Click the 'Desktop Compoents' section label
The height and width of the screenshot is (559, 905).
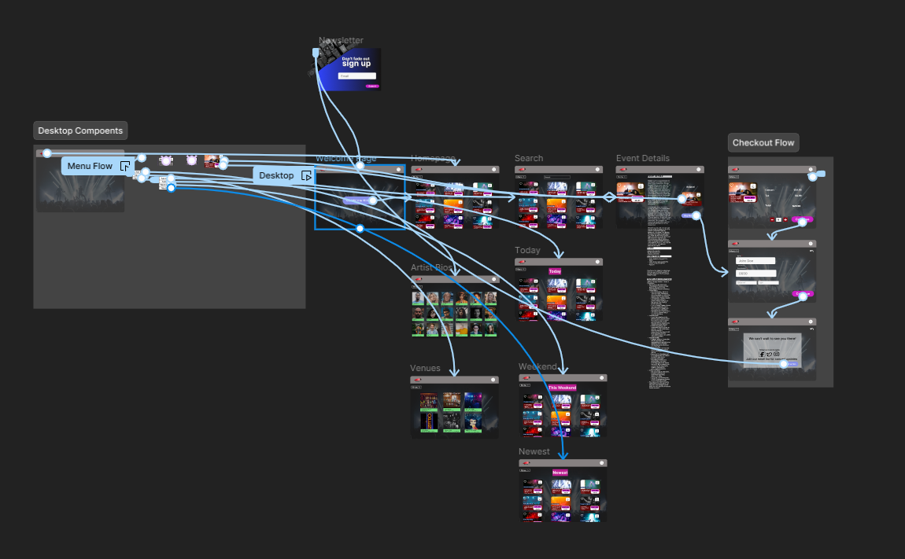click(80, 131)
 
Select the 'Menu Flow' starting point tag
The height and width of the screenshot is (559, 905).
click(90, 166)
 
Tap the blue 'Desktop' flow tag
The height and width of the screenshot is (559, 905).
click(276, 175)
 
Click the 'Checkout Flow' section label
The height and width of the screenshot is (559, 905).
click(763, 142)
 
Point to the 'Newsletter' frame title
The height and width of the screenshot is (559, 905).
click(341, 40)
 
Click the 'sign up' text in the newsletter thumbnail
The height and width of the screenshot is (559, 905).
click(356, 64)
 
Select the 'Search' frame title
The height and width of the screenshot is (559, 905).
click(529, 158)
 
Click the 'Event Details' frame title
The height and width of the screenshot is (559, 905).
click(643, 158)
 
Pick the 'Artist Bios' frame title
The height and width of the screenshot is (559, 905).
click(431, 268)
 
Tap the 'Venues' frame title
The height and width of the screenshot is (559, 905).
click(425, 368)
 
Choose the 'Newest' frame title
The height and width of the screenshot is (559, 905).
click(534, 451)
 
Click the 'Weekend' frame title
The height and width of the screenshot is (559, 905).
click(537, 366)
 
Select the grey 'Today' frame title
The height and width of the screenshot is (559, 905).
click(527, 250)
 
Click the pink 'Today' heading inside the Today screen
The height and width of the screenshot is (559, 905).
click(556, 271)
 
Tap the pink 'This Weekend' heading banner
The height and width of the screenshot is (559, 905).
click(562, 388)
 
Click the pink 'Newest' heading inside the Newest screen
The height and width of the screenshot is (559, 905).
click(560, 473)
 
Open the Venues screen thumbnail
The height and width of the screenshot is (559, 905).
click(455, 411)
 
